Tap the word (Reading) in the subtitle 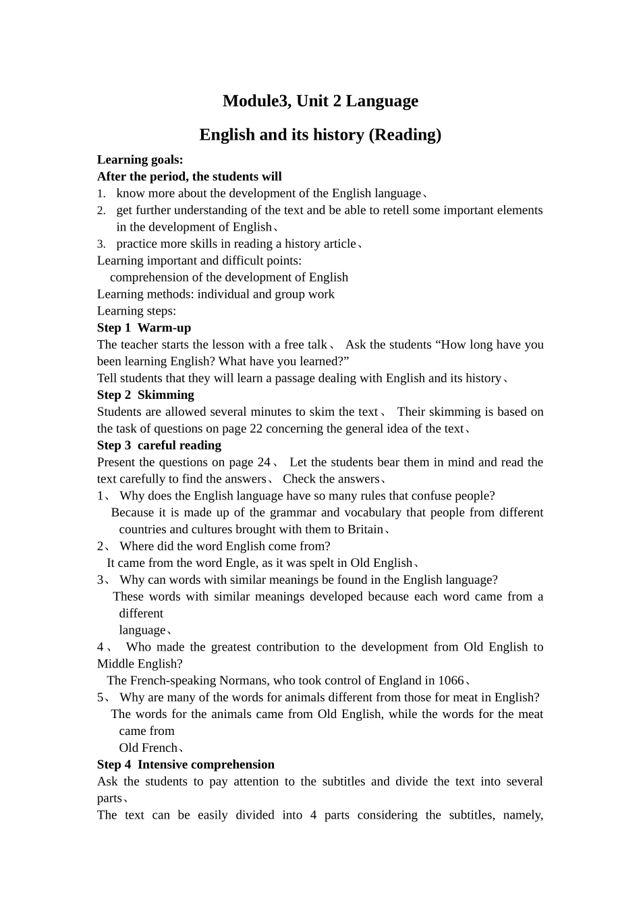point(405,135)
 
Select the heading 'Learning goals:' point(140,160)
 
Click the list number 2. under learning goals point(101,211)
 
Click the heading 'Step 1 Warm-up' point(144,328)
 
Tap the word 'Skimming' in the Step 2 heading point(165,395)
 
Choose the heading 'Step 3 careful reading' point(159,445)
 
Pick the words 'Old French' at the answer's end point(148,748)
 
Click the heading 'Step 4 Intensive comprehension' point(186,765)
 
